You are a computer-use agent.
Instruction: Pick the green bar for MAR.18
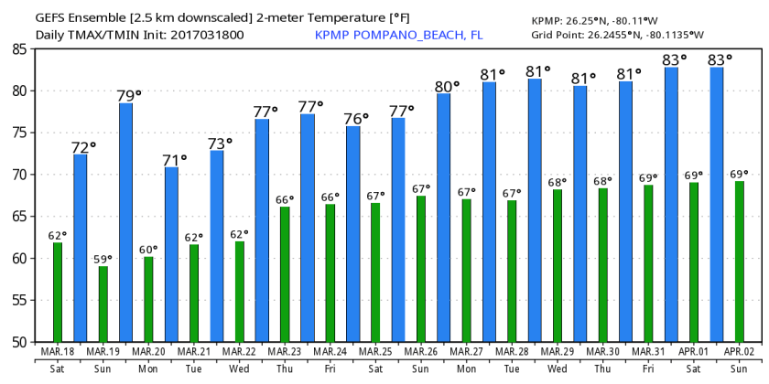coord(58,292)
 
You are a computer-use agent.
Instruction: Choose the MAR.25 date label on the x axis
coord(375,351)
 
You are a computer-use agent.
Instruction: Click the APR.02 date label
coord(738,351)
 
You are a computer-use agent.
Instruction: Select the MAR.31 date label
coord(647,351)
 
